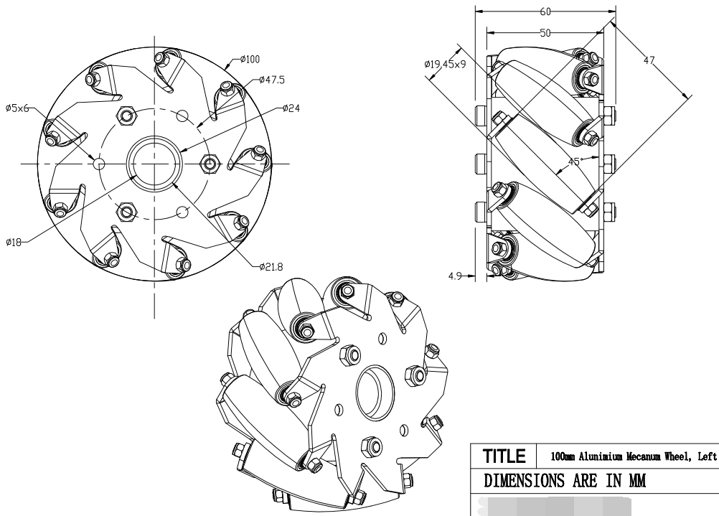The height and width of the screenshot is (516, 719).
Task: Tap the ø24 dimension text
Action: click(x=293, y=108)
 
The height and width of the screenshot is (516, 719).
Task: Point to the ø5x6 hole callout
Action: click(x=17, y=108)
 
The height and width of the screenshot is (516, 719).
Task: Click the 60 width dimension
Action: click(x=545, y=11)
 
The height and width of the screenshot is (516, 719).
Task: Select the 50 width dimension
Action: click(x=545, y=33)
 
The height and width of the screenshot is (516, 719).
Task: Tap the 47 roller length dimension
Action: click(x=649, y=61)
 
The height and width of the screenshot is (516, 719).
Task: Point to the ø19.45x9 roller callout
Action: click(x=445, y=65)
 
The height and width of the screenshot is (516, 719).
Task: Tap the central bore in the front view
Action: click(x=152, y=163)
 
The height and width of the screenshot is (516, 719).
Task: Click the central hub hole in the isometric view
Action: click(x=373, y=393)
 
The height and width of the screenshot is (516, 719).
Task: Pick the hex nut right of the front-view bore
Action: click(x=210, y=164)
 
